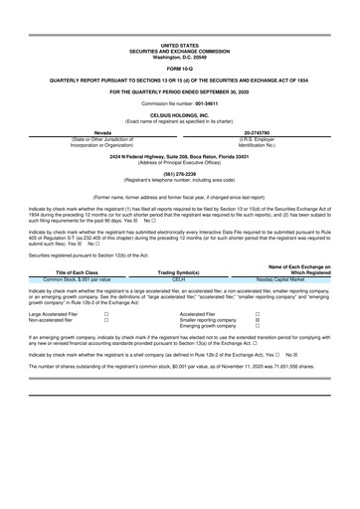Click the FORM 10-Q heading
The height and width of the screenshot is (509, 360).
[x=179, y=67]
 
